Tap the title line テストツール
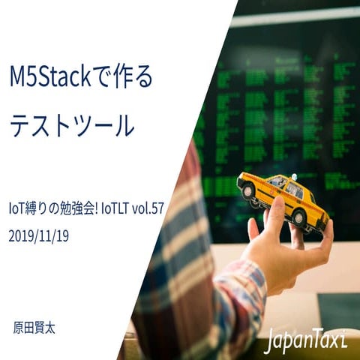click(72, 125)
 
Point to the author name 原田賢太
click(34, 328)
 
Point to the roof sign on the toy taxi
click(294, 177)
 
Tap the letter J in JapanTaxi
click(269, 341)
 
